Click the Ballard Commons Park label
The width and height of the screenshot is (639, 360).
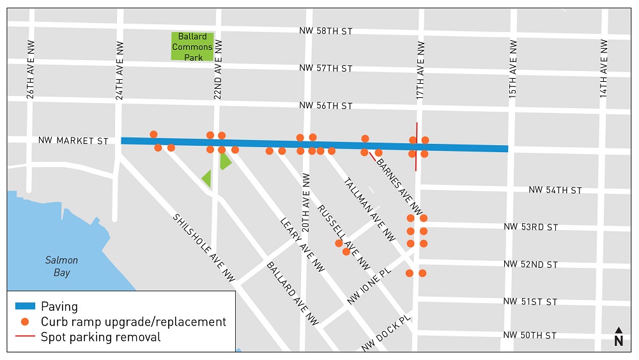[192, 47]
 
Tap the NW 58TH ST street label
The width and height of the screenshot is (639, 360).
[325, 31]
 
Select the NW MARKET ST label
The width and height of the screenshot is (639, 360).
[73, 141]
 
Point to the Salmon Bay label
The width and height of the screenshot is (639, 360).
[61, 267]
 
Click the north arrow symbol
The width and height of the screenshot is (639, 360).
[619, 337]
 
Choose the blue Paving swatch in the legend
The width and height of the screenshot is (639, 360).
[24, 306]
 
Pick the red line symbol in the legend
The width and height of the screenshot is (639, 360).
[24, 337]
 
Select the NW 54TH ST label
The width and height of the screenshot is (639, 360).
[555, 191]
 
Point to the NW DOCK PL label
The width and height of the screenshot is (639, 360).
[387, 333]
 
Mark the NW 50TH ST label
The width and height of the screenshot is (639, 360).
[530, 336]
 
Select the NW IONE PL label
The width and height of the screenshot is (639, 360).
[378, 289]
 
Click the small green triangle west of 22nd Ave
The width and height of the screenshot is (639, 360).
[206, 178]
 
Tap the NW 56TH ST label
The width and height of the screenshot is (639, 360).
[325, 106]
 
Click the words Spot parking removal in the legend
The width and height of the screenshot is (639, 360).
[100, 337]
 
